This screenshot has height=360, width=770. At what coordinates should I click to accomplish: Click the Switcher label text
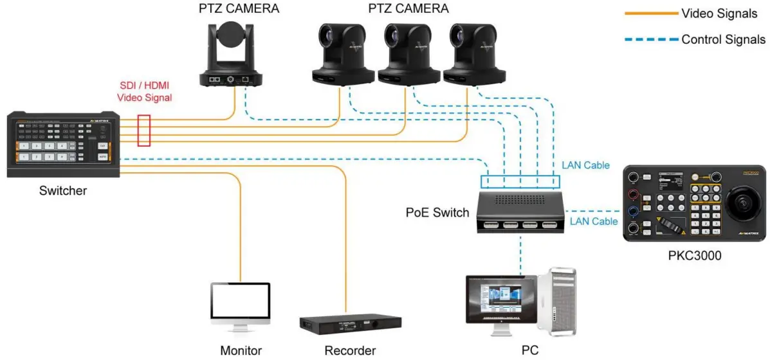coord(62,190)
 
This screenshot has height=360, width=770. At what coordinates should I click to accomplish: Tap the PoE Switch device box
coord(521,211)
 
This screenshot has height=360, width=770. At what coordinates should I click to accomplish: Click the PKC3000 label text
coord(695,255)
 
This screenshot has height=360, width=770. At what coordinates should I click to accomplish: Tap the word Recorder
coord(351,350)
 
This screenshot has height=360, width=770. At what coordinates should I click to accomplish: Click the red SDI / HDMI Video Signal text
coord(145,91)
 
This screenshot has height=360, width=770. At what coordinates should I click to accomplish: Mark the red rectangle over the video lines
coord(145,130)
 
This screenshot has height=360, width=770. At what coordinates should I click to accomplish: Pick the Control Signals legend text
coord(723,39)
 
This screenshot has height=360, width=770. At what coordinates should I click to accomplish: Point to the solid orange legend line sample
coord(651,13)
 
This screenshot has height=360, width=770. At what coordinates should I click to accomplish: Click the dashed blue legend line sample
coord(651,40)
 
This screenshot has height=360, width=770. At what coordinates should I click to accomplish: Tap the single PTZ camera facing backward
coord(232,55)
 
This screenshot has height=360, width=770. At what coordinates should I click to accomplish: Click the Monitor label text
coord(241,350)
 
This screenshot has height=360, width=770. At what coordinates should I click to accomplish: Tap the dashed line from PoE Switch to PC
coord(521,254)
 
